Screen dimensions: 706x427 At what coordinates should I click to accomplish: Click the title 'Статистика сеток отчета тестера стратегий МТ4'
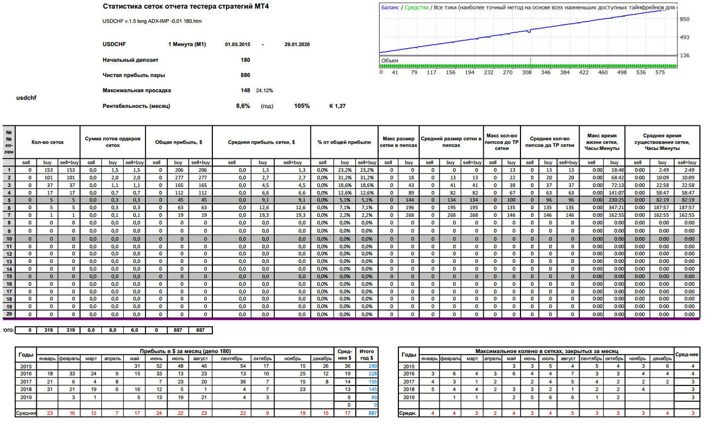coord(186,7)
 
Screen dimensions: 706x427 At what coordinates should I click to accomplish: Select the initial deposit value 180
coord(245,60)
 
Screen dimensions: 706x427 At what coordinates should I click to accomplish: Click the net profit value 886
coord(245,75)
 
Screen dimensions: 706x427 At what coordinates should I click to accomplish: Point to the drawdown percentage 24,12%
coord(264,90)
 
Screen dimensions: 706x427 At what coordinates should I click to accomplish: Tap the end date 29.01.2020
coord(297,44)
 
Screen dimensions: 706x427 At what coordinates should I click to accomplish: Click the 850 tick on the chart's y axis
coord(685,19)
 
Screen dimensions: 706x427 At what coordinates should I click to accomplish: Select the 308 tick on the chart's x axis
coord(526,72)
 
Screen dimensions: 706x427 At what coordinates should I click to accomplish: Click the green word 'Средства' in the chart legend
coord(416,8)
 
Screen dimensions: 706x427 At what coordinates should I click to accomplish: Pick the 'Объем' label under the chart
coord(390,61)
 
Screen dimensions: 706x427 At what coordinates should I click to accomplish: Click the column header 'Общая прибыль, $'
coord(178,142)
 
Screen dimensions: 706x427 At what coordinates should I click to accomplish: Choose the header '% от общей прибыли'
coord(344,142)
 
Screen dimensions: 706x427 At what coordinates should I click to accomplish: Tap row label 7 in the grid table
coord(9,215)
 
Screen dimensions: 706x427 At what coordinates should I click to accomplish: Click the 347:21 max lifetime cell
coord(614,207)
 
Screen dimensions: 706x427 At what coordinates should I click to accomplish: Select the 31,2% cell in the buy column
coord(345,177)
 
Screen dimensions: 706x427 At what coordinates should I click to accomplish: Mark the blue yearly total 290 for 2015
coord(373,366)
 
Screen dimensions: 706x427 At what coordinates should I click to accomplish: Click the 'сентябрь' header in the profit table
coord(232,359)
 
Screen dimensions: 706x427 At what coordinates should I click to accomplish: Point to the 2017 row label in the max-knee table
coord(409,382)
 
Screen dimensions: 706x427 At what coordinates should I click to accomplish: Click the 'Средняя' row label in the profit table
coord(26,413)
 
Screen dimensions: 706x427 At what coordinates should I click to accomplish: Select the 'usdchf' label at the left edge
coord(26,98)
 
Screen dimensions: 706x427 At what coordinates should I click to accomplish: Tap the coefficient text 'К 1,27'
coord(338,106)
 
